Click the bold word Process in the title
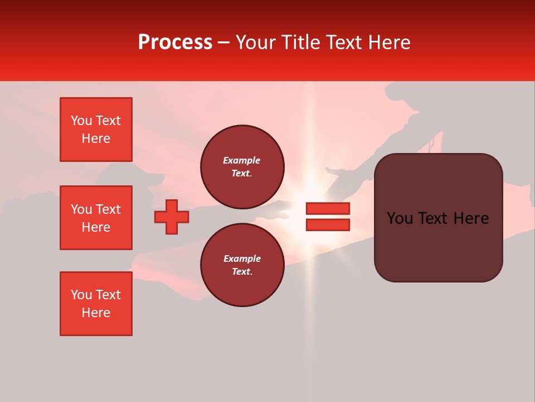click(175, 42)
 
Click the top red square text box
click(96, 130)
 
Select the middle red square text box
click(96, 218)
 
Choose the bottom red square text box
click(96, 304)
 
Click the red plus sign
click(172, 217)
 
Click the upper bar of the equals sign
click(328, 208)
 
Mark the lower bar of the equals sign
click(328, 224)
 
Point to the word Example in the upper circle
click(242, 160)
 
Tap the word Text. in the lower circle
click(242, 272)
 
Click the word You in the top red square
click(81, 121)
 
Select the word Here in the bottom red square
click(96, 313)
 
